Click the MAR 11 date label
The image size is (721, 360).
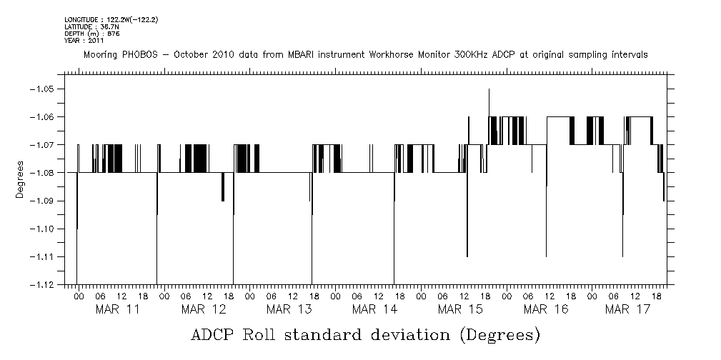117,309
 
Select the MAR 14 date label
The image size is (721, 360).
374,309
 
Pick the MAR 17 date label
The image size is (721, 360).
627,309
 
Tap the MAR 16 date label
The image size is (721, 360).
546,309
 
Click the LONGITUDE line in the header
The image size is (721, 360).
111,19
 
